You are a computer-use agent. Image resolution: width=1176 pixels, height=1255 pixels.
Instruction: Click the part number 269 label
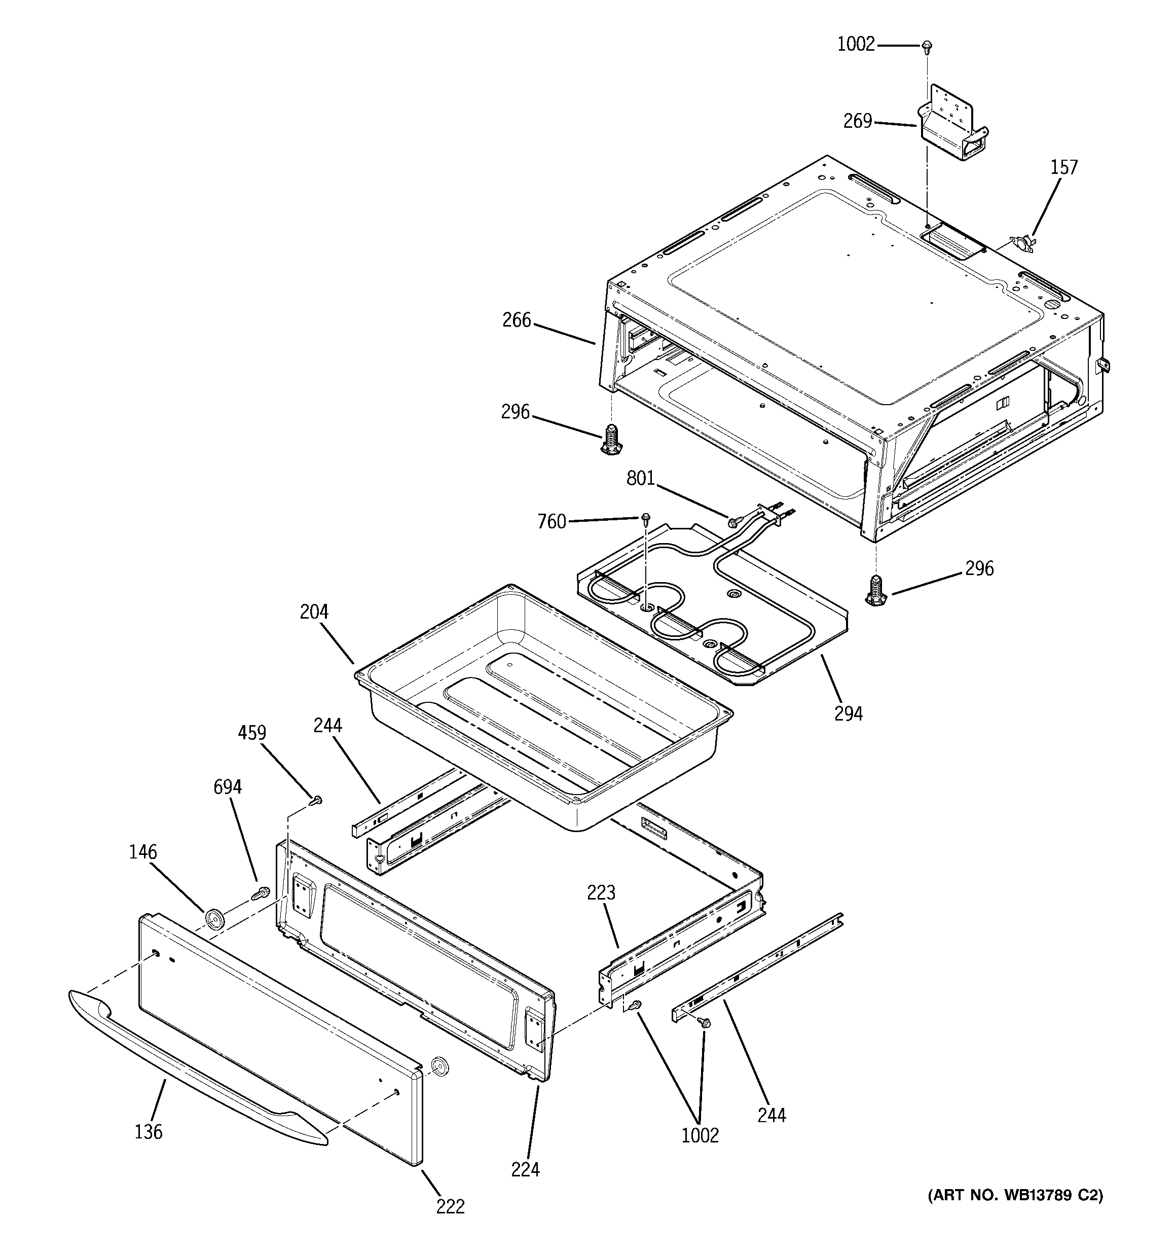857,121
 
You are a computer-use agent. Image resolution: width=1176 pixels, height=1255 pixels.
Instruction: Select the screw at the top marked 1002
927,46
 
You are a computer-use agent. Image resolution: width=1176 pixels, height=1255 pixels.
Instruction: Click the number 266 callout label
517,320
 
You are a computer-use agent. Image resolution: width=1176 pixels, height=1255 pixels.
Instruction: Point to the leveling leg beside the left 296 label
610,439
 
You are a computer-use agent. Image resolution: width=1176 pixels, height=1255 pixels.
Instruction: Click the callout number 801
640,479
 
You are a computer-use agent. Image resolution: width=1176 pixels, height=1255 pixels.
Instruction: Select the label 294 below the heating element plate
848,714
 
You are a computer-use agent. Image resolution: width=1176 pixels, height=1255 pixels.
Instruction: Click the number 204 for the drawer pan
314,612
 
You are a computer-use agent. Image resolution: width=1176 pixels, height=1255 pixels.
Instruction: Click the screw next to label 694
261,892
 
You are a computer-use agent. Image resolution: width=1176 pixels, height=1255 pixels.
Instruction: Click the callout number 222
450,1206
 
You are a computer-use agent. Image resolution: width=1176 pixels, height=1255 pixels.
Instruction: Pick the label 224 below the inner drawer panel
525,1170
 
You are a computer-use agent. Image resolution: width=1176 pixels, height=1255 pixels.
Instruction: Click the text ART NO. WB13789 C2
1014,1196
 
